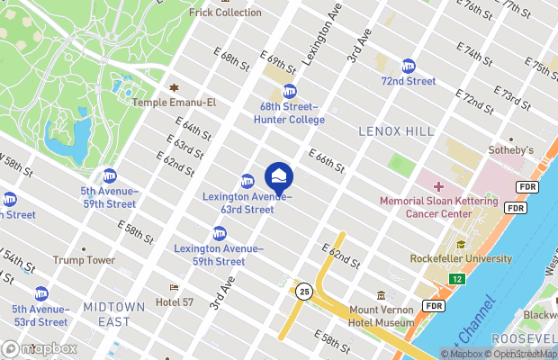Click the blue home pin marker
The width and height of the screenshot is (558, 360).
tap(278, 175)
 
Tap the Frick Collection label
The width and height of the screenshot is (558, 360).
tap(225, 13)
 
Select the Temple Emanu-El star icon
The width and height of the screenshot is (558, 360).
tap(174, 88)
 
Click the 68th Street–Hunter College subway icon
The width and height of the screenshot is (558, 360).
tap(289, 91)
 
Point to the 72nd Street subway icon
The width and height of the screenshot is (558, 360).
tap(408, 66)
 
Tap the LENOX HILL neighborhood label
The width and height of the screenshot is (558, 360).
tap(396, 131)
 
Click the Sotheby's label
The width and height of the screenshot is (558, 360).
tap(510, 149)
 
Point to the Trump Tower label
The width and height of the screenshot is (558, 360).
tap(84, 260)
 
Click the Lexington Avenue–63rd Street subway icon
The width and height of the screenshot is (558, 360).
tap(247, 181)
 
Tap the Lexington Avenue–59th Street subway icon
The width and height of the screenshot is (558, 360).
tap(219, 233)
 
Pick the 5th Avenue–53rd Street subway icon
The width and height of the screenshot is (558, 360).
tap(41, 293)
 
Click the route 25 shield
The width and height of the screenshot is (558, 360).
tap(305, 292)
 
